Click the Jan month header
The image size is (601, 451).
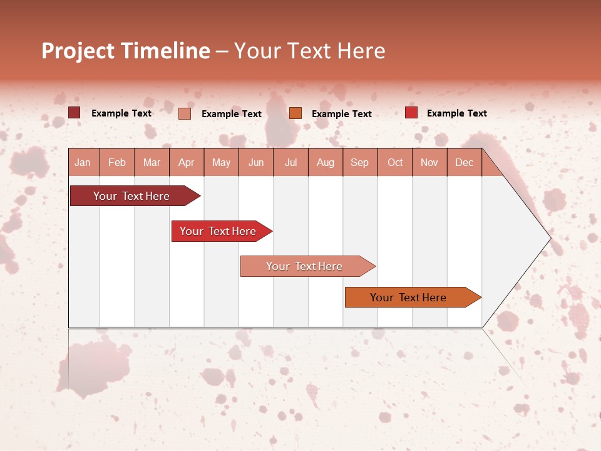click(x=83, y=163)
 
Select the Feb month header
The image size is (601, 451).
click(x=117, y=163)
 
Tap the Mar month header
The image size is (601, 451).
click(x=152, y=163)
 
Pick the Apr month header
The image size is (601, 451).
click(x=187, y=163)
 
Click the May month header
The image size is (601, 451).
click(x=221, y=163)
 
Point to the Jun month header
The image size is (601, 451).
click(x=256, y=163)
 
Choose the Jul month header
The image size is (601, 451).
click(x=290, y=163)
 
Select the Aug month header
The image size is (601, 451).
click(x=326, y=163)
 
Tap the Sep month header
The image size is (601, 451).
click(x=360, y=163)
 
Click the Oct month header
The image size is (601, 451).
click(x=395, y=163)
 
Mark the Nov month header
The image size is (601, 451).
click(x=429, y=163)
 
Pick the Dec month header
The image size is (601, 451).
click(x=464, y=163)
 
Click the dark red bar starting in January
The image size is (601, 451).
click(x=132, y=196)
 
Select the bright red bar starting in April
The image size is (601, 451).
click(x=218, y=231)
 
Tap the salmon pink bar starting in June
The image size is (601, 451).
click(x=305, y=266)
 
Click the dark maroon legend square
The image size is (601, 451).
click(x=74, y=113)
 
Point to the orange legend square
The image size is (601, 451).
click(x=295, y=113)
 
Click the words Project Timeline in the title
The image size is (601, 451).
click(x=126, y=51)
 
